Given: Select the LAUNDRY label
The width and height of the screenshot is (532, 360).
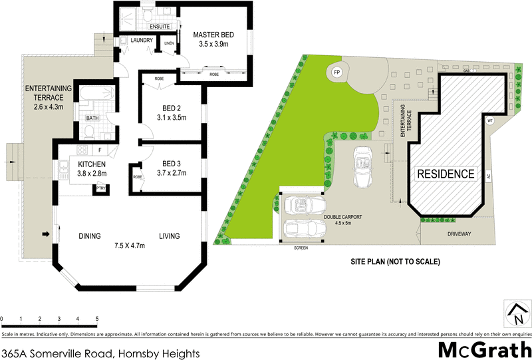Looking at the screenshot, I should tap(142, 41).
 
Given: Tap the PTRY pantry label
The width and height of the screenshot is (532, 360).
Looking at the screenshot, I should tap(101, 188).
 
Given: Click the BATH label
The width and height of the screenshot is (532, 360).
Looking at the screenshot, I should tap(92, 119).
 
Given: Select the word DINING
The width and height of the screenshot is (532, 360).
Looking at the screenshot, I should tap(89, 236).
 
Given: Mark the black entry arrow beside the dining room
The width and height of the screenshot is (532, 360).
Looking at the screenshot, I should tap(46, 234).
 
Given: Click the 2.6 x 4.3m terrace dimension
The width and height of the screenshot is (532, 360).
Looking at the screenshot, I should tap(45, 106).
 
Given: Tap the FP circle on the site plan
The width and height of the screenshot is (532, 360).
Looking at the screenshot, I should tap(336, 72).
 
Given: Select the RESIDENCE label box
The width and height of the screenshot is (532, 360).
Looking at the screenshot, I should tap(446, 174).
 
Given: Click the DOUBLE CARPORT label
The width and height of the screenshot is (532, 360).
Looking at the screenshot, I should tap(346, 217).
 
